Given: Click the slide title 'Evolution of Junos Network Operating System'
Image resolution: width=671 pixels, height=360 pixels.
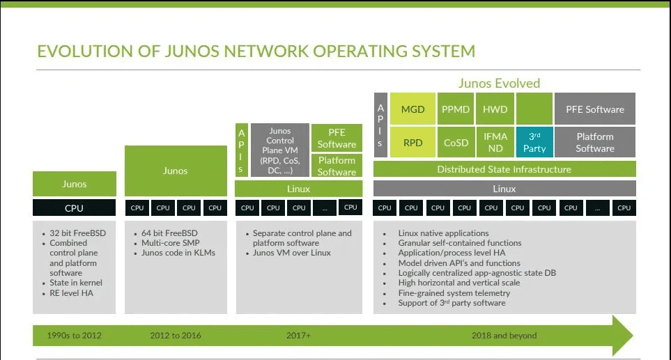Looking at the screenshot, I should tap(256, 51).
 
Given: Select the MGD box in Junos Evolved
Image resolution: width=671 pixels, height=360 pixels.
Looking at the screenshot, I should tap(413, 109).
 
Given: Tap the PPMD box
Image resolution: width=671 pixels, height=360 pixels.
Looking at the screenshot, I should tap(456, 109).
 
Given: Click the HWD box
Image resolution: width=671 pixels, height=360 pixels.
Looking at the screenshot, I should tap(495, 109).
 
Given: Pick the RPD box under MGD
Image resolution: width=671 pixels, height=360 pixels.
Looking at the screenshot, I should tap(413, 142).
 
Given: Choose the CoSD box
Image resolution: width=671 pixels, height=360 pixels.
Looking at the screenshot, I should tap(456, 142).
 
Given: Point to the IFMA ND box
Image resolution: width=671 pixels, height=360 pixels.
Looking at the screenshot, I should tap(495, 142).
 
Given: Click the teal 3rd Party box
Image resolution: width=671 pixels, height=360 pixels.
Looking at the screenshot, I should tap(534, 142).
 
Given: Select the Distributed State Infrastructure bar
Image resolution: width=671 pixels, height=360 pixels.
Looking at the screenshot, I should tap(504, 169).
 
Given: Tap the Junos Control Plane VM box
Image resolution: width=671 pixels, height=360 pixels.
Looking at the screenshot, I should tap(279, 150).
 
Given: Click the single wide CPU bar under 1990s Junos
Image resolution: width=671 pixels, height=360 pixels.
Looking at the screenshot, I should tap(74, 208).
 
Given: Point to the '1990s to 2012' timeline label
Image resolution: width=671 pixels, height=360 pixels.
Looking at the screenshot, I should tap(74, 335).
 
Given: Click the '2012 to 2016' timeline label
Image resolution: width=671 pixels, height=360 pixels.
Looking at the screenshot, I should tap(175, 335).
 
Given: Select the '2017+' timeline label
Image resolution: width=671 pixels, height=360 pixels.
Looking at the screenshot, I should tap(298, 335).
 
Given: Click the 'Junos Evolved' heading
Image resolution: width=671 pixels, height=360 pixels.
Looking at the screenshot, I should tap(499, 84).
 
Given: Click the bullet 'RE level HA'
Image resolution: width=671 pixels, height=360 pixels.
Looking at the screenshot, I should tap(71, 293).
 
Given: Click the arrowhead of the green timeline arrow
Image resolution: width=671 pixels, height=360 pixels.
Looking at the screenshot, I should tap(622, 335).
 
